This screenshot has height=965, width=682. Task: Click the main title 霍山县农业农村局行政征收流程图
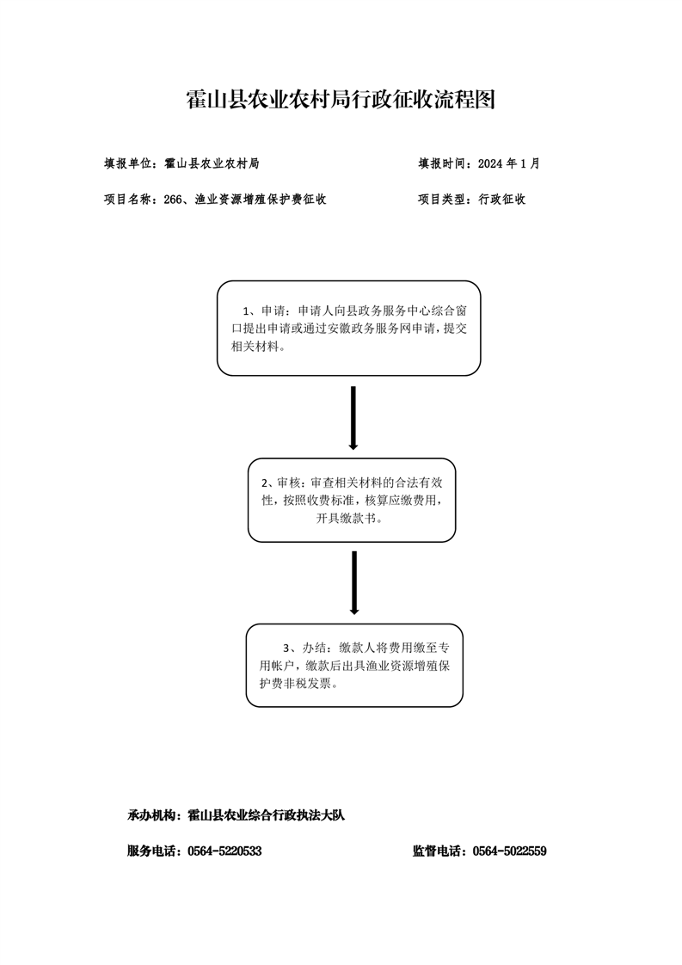click(341, 99)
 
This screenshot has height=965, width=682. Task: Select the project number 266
click(174, 200)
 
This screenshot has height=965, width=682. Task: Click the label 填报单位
click(127, 163)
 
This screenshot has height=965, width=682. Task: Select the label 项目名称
click(127, 200)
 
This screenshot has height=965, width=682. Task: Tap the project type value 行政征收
click(502, 200)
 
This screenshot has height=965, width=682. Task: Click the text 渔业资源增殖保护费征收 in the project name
click(261, 200)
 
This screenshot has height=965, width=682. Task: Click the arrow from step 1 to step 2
click(353, 418)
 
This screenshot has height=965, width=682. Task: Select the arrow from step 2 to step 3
click(354, 583)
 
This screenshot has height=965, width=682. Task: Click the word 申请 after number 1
click(273, 310)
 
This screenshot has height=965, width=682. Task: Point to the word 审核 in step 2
click(289, 482)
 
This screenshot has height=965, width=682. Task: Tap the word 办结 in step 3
click(313, 648)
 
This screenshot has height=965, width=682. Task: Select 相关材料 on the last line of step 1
click(254, 346)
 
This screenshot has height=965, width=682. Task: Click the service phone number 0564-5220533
click(224, 851)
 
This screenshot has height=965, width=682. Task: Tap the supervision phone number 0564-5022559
click(510, 851)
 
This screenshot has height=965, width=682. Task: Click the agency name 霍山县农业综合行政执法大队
click(266, 815)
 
